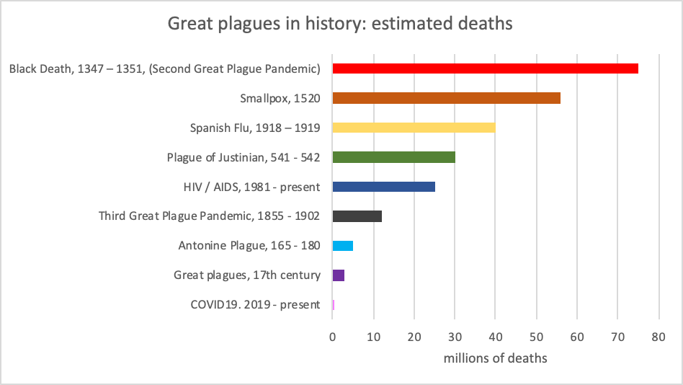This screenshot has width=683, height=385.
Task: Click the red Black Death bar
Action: pyautogui.click(x=485, y=68)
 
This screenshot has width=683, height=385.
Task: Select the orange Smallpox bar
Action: pyautogui.click(x=446, y=98)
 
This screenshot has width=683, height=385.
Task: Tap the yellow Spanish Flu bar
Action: pyautogui.click(x=414, y=128)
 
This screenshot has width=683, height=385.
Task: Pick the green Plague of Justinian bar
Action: pyautogui.click(x=393, y=157)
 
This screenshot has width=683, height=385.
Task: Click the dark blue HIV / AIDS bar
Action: pyautogui.click(x=383, y=187)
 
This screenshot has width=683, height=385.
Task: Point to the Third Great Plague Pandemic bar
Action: pyautogui.click(x=357, y=216)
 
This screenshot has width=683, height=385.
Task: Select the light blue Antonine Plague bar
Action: pyautogui.click(x=342, y=246)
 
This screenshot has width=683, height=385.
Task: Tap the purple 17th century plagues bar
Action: pyautogui.click(x=338, y=275)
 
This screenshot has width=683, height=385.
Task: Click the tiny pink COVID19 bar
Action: pyautogui.click(x=333, y=305)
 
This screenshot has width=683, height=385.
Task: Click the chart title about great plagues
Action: pyautogui.click(x=340, y=24)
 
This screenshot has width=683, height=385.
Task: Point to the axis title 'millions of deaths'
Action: pyautogui.click(x=495, y=358)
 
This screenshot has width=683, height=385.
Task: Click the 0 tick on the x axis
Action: pyautogui.click(x=332, y=336)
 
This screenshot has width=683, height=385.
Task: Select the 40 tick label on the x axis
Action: pyautogui.click(x=495, y=336)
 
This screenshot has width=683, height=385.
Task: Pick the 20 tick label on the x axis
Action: pyautogui.click(x=414, y=336)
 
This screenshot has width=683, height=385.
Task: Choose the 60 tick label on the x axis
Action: pyautogui.click(x=576, y=336)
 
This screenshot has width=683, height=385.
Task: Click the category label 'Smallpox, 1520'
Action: pyautogui.click(x=280, y=99)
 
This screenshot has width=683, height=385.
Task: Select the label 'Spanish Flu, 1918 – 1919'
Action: pyautogui.click(x=255, y=128)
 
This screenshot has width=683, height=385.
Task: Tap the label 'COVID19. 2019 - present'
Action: pyautogui.click(x=255, y=305)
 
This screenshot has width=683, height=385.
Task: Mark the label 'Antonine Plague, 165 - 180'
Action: pyautogui.click(x=249, y=246)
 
